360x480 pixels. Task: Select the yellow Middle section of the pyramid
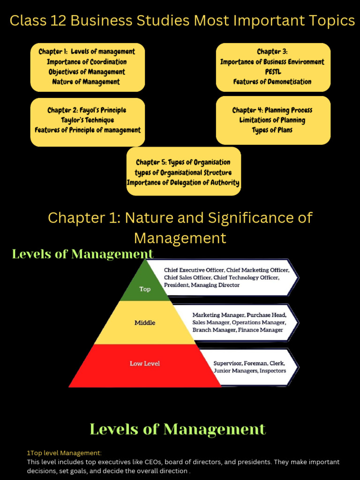[145, 322]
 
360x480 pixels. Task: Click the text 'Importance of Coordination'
[87, 62]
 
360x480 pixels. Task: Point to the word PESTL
[272, 72]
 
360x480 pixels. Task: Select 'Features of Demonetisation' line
[272, 82]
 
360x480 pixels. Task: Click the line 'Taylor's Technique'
[87, 120]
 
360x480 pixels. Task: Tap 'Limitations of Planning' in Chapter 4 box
[272, 120]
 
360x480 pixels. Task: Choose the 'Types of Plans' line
[272, 130]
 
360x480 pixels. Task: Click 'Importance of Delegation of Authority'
[183, 182]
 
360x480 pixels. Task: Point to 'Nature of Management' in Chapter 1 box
[87, 82]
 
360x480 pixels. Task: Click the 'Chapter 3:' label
[272, 52]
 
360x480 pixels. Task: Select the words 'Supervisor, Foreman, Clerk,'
[249, 363]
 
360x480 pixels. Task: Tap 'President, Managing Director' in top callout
[202, 285]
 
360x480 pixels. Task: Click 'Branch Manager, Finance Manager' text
[238, 330]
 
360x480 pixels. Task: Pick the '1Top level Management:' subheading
[64, 453]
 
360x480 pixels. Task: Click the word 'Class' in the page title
[26, 21]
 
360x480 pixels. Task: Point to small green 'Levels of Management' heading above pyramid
[82, 254]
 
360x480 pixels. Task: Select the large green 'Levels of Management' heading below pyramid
[178, 429]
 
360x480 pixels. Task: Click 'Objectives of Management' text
[87, 72]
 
